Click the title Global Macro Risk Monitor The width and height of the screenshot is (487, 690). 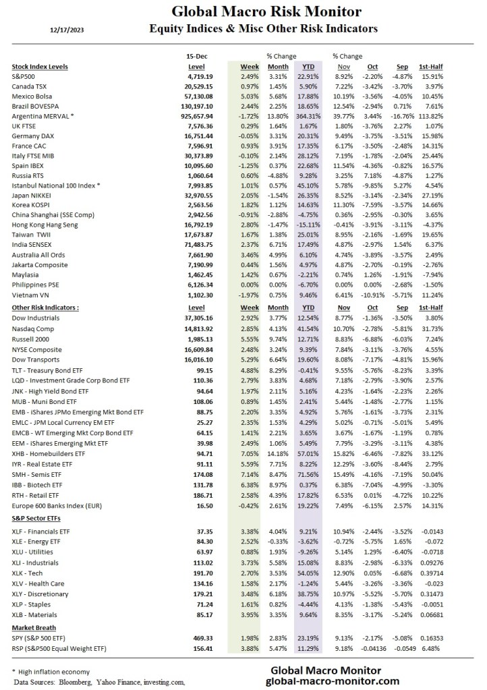(x=266, y=11)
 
